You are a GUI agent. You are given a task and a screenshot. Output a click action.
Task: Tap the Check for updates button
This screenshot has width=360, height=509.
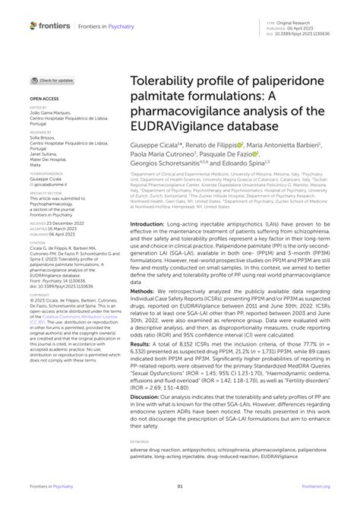click(52, 80)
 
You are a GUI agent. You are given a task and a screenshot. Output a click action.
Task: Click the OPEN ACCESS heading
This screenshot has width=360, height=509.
click(45, 99)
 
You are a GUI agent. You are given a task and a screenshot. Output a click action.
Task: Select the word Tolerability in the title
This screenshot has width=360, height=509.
click(168, 82)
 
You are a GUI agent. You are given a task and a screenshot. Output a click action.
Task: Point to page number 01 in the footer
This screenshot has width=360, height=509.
click(180, 487)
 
